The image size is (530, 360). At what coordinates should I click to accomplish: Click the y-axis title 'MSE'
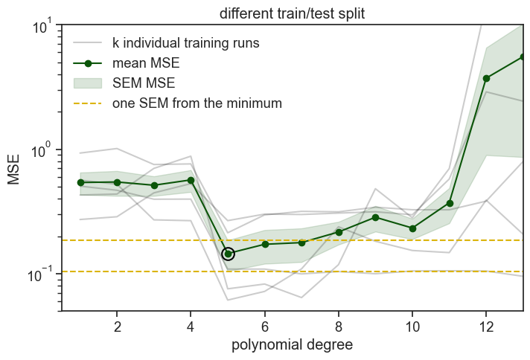pos(14,168)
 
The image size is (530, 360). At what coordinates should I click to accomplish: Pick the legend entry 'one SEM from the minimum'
pos(197,103)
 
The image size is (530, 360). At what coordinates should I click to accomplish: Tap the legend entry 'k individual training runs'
pos(185,42)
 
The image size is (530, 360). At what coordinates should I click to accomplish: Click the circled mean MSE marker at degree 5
pos(229,254)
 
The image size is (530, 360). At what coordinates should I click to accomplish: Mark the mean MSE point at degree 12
pos(486,78)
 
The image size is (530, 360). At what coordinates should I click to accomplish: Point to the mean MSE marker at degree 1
pos(80,182)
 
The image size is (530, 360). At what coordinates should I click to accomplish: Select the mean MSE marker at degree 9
pos(376,217)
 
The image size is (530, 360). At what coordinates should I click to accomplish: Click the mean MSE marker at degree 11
pos(450,203)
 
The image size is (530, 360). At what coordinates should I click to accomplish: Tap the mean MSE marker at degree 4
pos(191,180)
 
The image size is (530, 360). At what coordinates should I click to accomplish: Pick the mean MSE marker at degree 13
pos(523,57)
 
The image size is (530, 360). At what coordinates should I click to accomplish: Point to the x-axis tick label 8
pos(339,326)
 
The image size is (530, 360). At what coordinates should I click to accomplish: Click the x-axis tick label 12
pos(486,326)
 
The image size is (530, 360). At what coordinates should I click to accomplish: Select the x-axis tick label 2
pos(118,326)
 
